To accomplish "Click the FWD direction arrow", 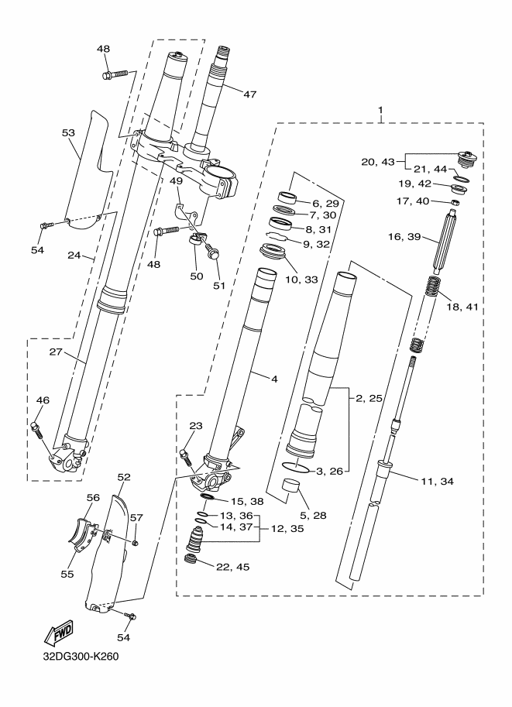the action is (58, 633).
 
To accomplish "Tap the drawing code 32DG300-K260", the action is (81, 656).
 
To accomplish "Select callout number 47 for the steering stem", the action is (249, 94).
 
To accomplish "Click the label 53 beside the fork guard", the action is (69, 133).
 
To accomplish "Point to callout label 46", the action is (43, 400).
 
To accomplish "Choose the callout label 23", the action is (196, 425).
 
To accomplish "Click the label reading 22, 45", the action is (233, 567).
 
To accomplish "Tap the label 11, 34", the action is (437, 482).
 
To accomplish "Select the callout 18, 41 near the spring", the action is (462, 307).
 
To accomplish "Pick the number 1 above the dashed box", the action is (381, 110).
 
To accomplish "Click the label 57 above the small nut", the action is (136, 518).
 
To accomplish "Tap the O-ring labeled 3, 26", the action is (296, 468).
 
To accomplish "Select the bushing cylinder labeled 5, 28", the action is (291, 487).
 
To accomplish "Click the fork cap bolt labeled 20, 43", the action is (465, 160).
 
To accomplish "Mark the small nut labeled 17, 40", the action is (456, 201).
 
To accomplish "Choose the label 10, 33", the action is (301, 280).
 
